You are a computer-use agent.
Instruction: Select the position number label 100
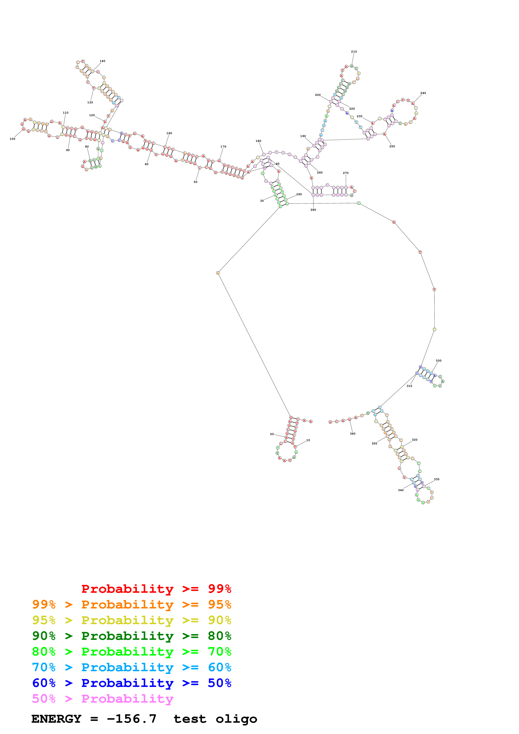click(13, 139)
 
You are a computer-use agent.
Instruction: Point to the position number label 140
click(102, 61)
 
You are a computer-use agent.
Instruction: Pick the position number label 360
click(352, 434)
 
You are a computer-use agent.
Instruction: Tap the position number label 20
click(272, 434)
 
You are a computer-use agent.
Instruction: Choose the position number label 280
click(313, 210)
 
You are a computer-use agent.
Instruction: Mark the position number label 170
click(223, 147)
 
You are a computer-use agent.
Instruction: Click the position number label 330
click(437, 479)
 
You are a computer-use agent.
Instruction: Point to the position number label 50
click(195, 182)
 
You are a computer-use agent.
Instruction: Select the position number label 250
click(392, 146)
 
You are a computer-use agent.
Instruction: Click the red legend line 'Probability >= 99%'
click(156, 589)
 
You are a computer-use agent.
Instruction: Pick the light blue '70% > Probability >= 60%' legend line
click(131, 667)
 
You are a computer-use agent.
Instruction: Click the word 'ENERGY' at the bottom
click(56, 719)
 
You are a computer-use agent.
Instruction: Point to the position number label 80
click(87, 147)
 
